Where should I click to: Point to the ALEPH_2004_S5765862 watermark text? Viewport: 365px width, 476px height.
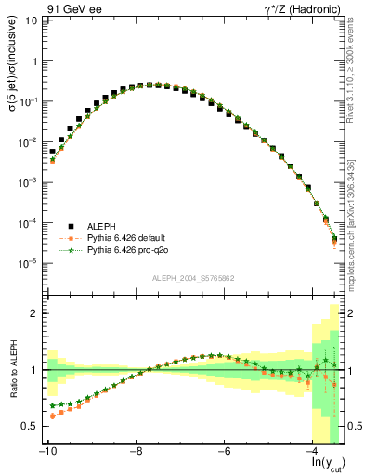coord(193,277)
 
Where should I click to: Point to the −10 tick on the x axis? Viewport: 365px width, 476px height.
coord(46,453)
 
